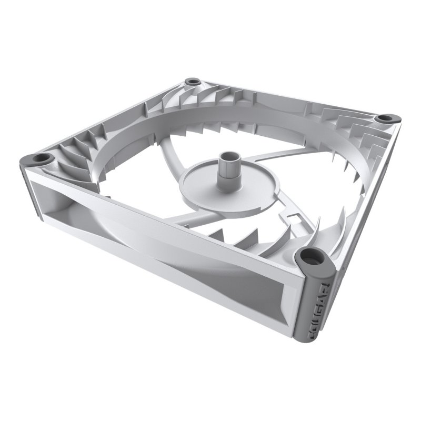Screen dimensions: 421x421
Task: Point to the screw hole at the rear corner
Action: (x=193, y=83)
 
